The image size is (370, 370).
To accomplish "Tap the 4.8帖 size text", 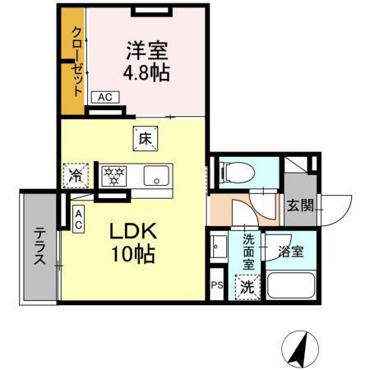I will click(146, 72).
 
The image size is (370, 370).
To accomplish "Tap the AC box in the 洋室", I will click(104, 98).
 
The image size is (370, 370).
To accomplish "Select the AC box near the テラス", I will click(78, 220).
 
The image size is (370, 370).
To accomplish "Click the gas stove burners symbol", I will click(113, 175).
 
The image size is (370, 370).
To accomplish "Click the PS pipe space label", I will click(217, 285).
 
